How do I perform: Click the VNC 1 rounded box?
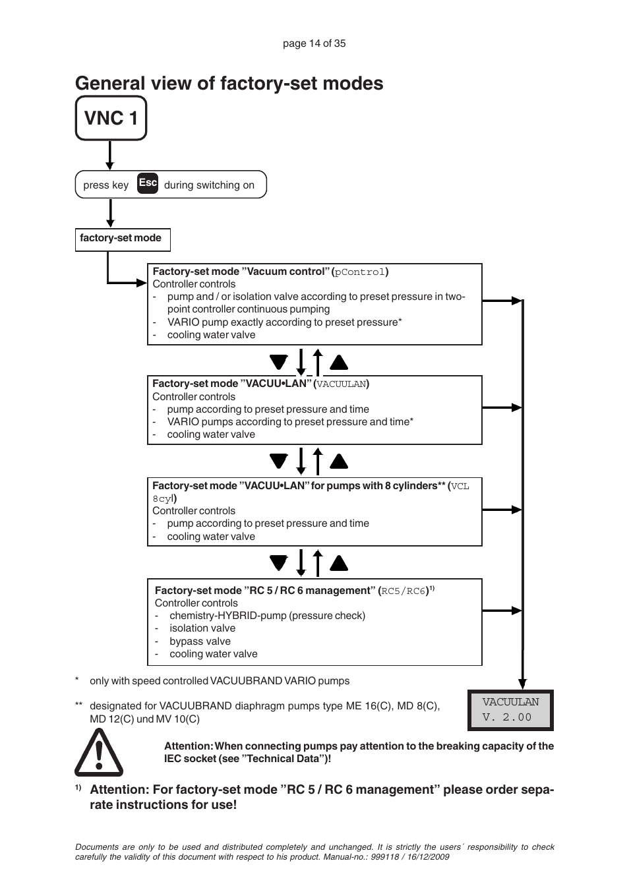pyautogui.click(x=111, y=118)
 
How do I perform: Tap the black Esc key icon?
pyautogui.click(x=148, y=183)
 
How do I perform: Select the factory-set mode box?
pyautogui.click(x=123, y=239)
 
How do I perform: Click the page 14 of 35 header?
pyautogui.click(x=314, y=44)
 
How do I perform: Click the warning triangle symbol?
pyautogui.click(x=99, y=753)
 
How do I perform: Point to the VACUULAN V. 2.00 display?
pyautogui.click(x=510, y=710)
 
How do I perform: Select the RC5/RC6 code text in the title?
pyautogui.click(x=404, y=591)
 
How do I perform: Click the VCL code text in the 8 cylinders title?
pyautogui.click(x=460, y=487)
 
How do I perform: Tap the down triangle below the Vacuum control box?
pyautogui.click(x=279, y=362)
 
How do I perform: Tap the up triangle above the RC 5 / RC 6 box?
pyautogui.click(x=339, y=563)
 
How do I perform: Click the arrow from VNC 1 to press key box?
pyautogui.click(x=110, y=156)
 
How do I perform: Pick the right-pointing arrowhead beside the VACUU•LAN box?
pyautogui.click(x=516, y=408)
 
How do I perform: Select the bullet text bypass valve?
pyautogui.click(x=200, y=641)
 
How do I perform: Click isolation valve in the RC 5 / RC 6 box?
pyautogui.click(x=202, y=628)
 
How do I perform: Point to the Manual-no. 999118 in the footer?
pyautogui.click(x=374, y=857)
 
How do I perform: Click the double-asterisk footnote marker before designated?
pyautogui.click(x=79, y=706)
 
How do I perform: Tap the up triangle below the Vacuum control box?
pyautogui.click(x=339, y=362)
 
